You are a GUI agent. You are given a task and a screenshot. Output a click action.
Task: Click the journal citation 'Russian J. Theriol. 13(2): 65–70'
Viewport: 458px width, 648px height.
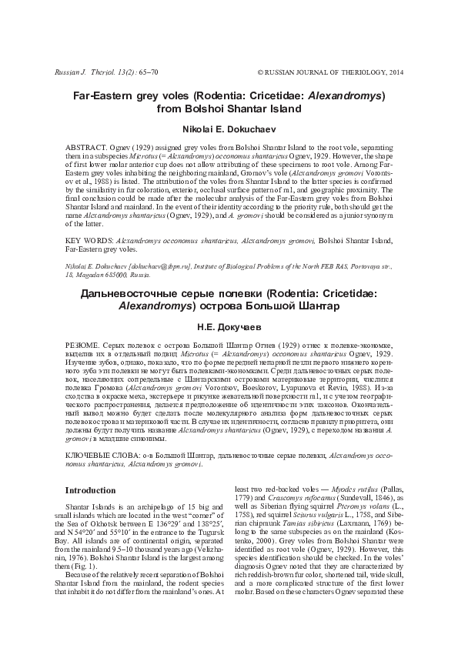click(102, 71)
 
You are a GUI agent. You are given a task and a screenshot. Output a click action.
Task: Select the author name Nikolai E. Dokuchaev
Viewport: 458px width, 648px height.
click(229, 129)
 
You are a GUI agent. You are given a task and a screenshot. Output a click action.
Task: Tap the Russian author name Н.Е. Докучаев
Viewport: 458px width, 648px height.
click(229, 326)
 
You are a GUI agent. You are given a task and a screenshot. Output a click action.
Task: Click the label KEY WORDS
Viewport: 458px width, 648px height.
click(82, 240)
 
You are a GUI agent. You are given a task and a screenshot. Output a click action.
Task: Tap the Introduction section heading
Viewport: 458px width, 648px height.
click(90, 490)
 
